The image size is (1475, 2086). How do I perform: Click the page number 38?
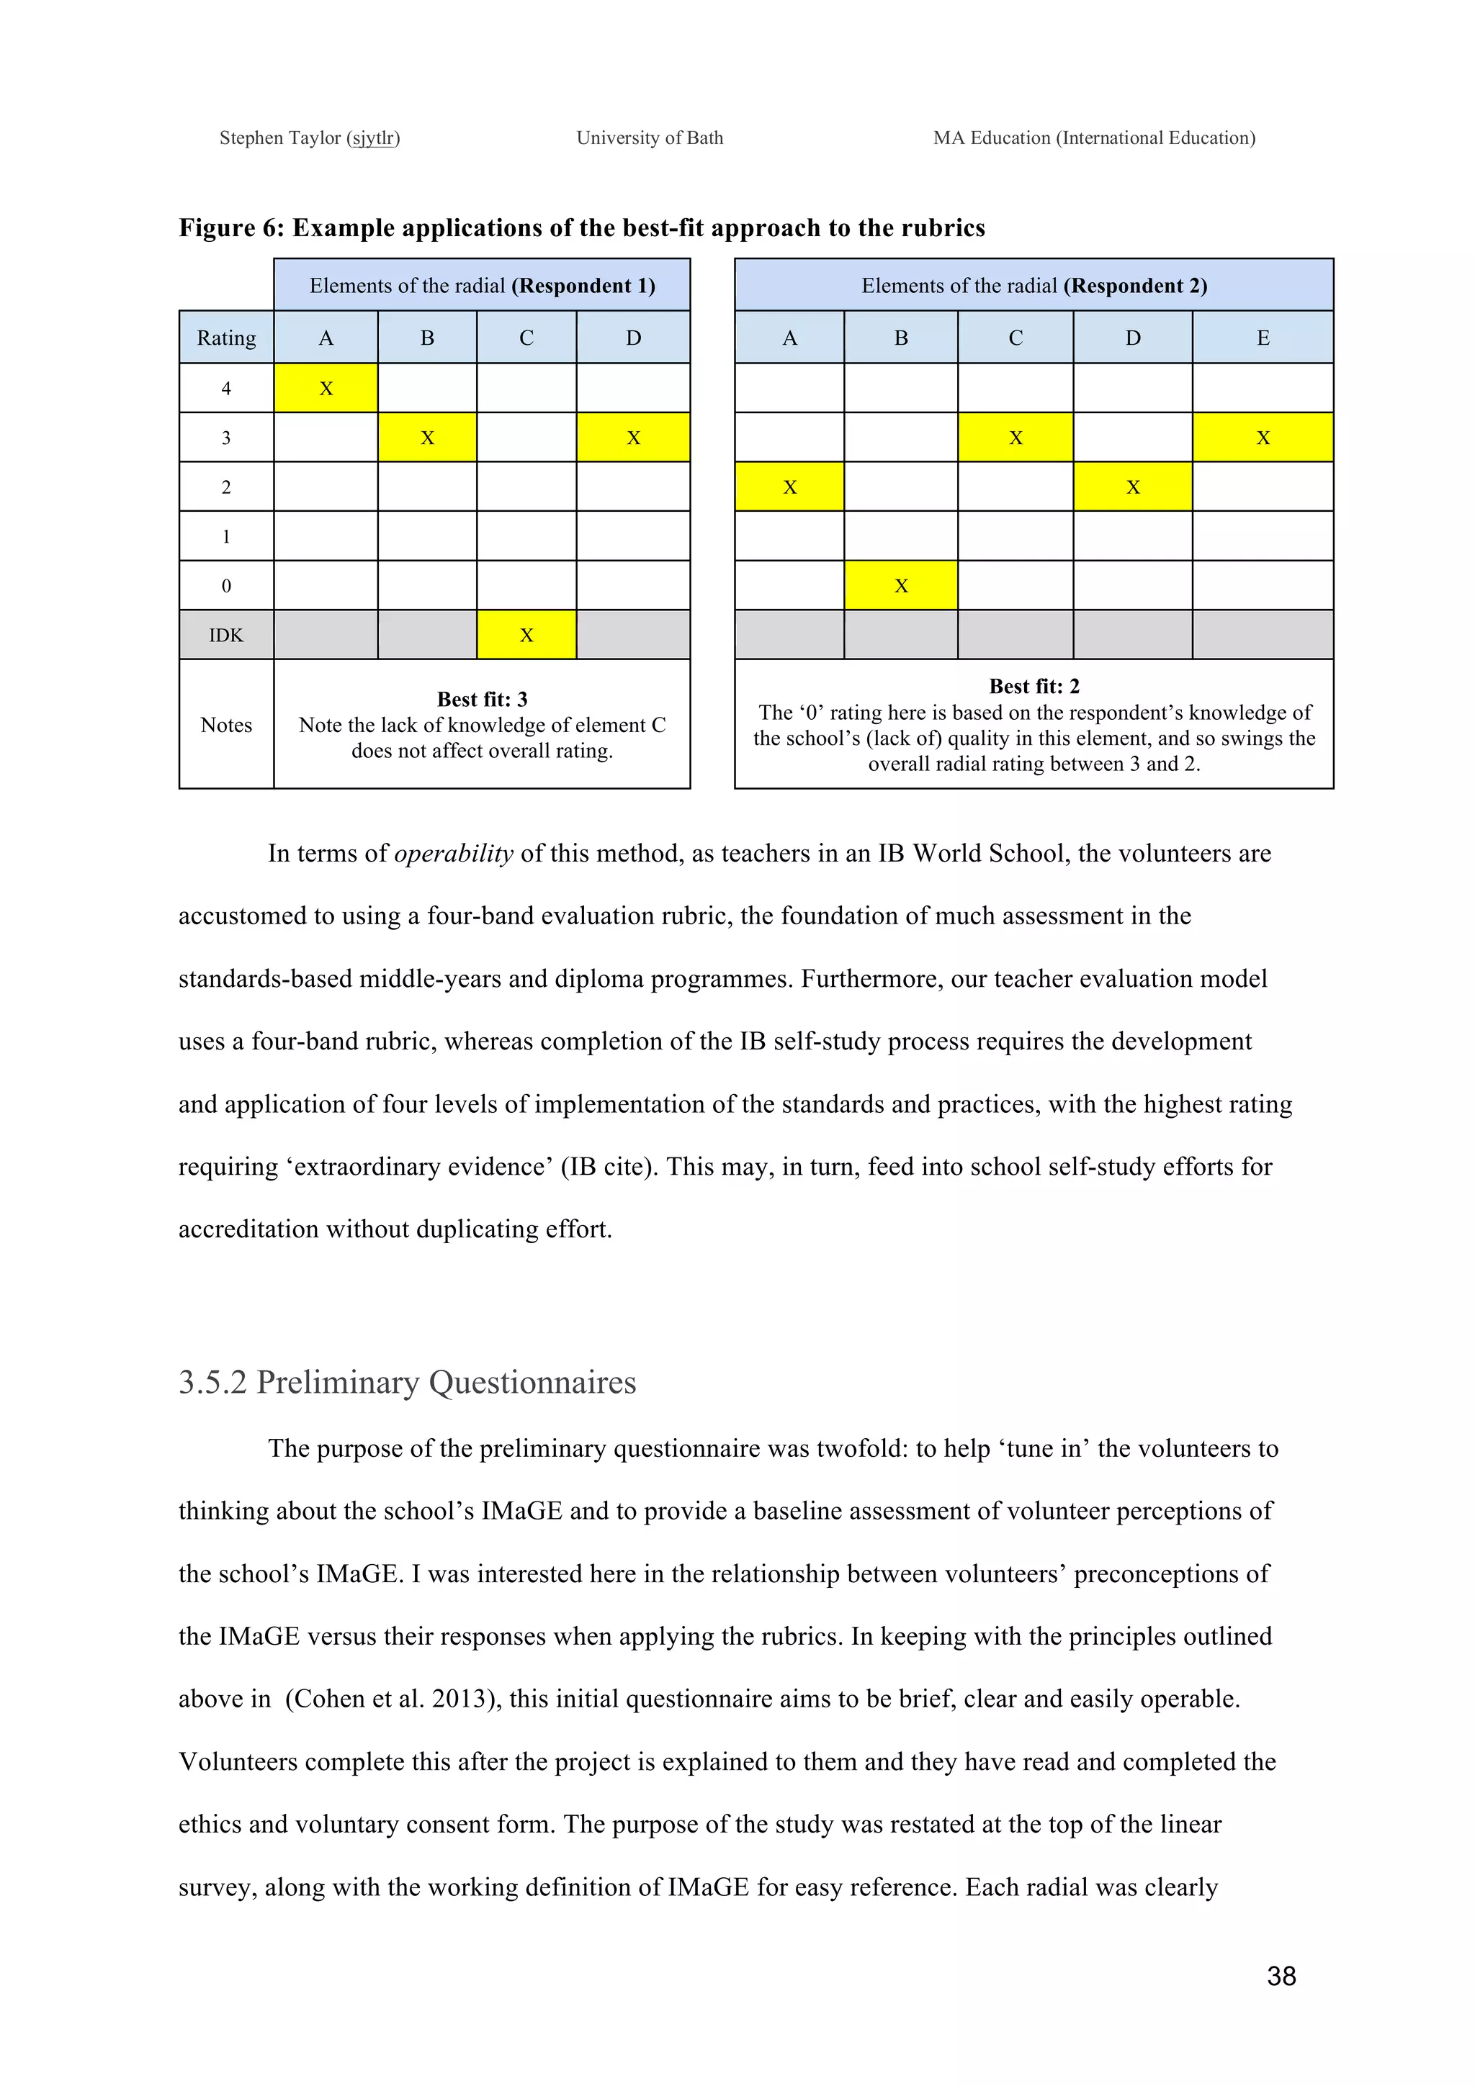tap(1281, 1975)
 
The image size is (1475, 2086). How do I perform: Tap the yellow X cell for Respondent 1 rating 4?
tap(326, 388)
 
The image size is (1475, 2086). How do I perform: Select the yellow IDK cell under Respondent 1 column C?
tap(526, 634)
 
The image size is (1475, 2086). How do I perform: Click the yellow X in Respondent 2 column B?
tap(901, 585)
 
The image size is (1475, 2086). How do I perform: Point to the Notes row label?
tap(226, 724)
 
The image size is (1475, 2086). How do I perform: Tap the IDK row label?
tap(226, 634)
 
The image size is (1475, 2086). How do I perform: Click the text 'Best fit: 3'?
tap(482, 699)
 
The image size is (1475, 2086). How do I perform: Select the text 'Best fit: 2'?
tap(1034, 686)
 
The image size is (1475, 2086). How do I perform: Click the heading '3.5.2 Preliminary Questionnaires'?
tap(407, 1382)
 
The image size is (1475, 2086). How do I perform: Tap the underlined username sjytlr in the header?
tap(374, 138)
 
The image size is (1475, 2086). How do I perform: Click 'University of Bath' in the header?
tap(650, 138)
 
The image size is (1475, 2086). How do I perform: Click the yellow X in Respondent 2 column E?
tap(1263, 437)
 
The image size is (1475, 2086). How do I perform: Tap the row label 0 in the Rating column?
tap(226, 585)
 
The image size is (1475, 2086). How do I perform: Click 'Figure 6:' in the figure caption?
tap(232, 227)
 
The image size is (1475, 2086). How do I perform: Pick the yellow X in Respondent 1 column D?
tap(634, 437)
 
